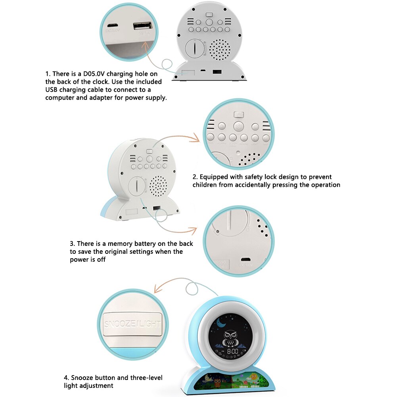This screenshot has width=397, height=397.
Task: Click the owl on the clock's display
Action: coord(230,338)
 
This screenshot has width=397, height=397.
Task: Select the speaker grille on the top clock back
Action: coord(219,50)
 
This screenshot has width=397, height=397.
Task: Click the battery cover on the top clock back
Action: coord(196,49)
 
